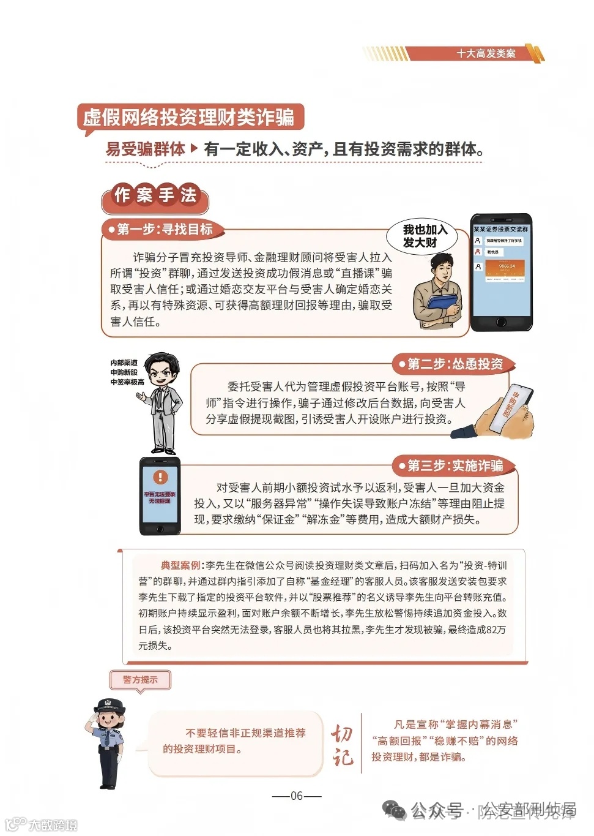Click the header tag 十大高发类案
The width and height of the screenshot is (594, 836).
pyautogui.click(x=486, y=54)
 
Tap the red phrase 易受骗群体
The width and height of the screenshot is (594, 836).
pyautogui.click(x=145, y=149)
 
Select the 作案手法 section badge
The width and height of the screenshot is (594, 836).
pyautogui.click(x=155, y=195)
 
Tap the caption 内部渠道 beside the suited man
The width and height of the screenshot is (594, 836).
pyautogui.click(x=124, y=363)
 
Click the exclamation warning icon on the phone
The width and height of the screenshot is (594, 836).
pyautogui.click(x=160, y=476)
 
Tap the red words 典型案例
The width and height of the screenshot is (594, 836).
pyautogui.click(x=180, y=565)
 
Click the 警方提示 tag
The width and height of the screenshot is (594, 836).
pyautogui.click(x=140, y=680)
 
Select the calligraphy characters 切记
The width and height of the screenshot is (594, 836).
pyautogui.click(x=343, y=745)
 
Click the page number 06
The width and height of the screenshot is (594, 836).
pyautogui.click(x=297, y=796)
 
